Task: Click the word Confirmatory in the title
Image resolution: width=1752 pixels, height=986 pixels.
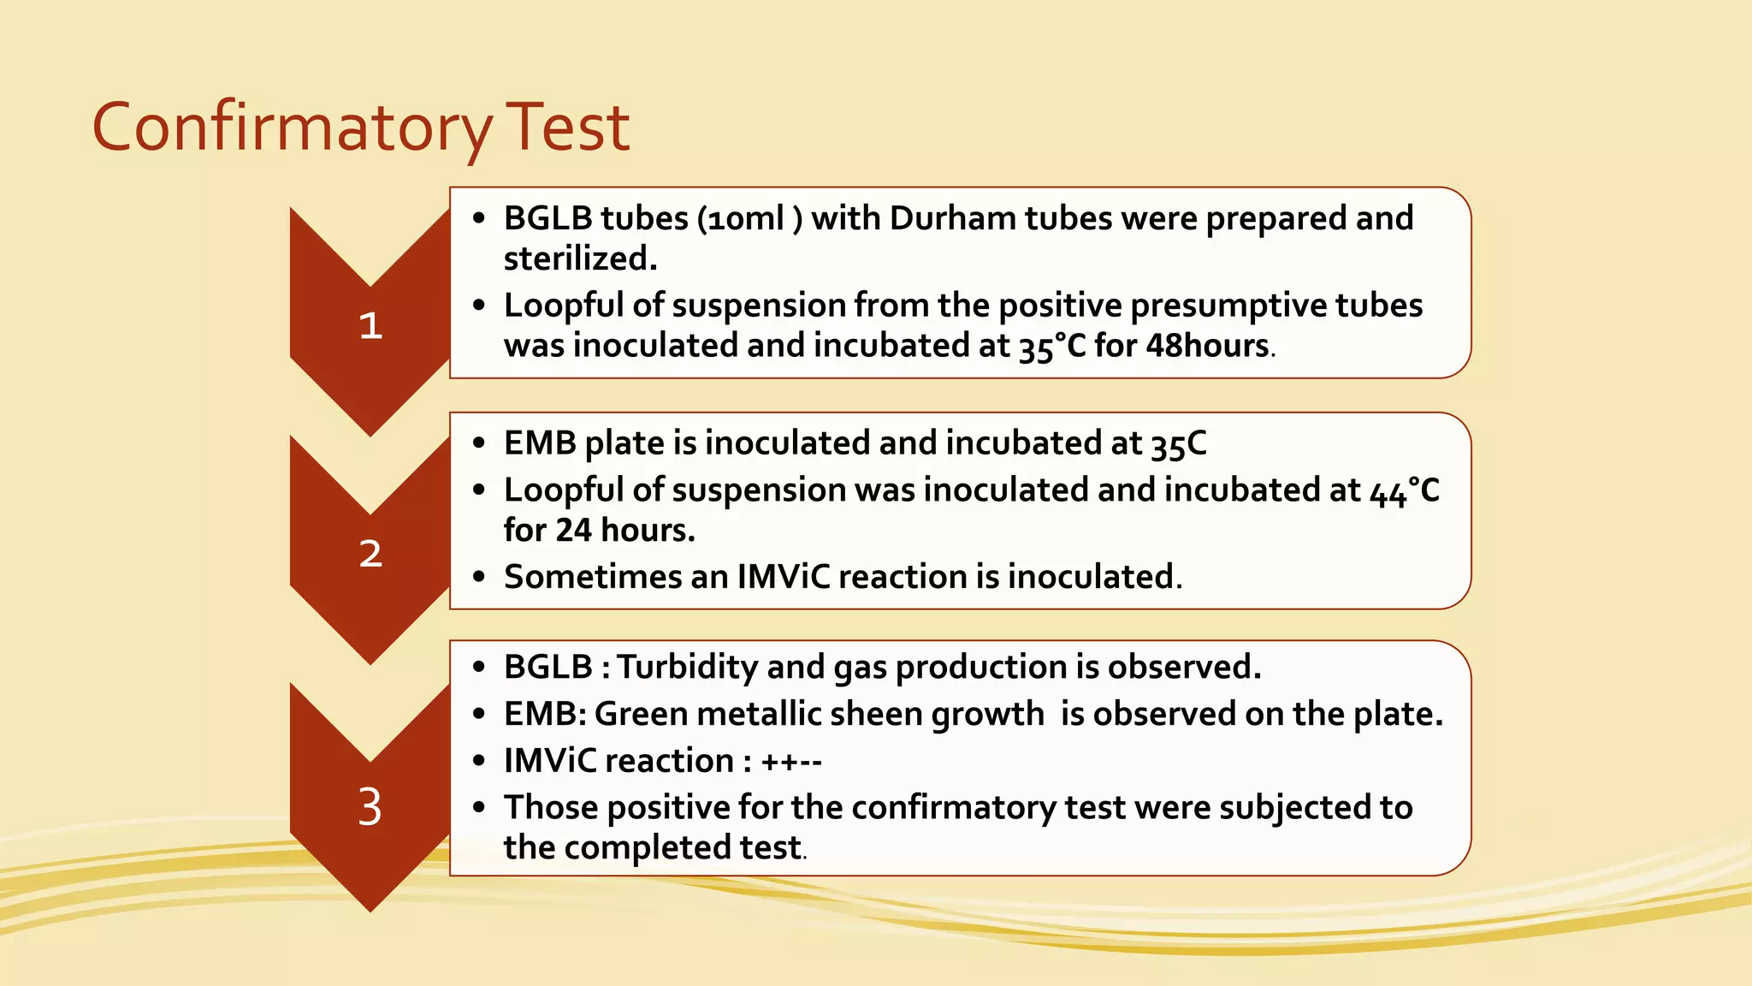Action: (291, 128)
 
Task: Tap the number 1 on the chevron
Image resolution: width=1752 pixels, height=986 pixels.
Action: (370, 325)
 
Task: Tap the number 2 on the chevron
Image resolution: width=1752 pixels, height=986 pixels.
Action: (370, 554)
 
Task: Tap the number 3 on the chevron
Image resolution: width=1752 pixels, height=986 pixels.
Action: (370, 806)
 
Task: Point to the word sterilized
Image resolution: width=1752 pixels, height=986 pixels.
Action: (580, 258)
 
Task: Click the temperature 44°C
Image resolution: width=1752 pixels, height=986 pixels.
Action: (1404, 490)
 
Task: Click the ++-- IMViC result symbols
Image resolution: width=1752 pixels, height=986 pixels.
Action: (791, 761)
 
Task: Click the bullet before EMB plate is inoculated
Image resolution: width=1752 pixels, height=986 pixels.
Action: (479, 443)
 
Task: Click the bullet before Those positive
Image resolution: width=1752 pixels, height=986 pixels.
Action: (479, 807)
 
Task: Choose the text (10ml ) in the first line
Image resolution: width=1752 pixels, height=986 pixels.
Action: (749, 218)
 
